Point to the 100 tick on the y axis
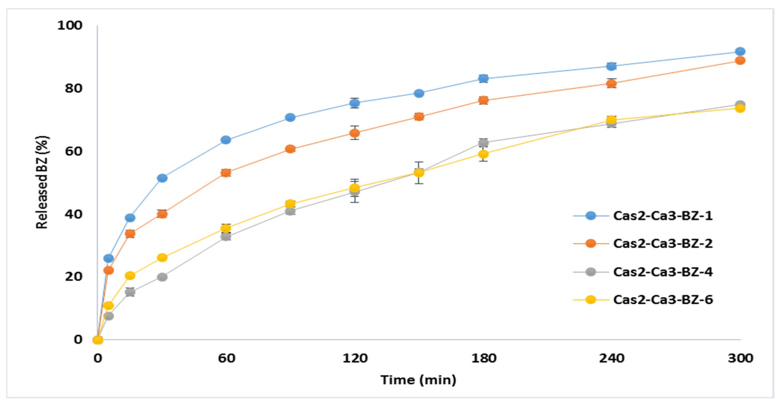(x=70, y=25)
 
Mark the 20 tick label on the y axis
(x=74, y=276)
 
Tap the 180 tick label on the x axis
(x=484, y=358)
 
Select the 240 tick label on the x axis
(x=612, y=358)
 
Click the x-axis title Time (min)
(x=418, y=380)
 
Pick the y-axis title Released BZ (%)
(x=42, y=182)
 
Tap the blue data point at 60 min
(x=226, y=140)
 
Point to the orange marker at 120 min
(x=354, y=133)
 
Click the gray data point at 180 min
(x=484, y=143)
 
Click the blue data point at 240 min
(x=612, y=66)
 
